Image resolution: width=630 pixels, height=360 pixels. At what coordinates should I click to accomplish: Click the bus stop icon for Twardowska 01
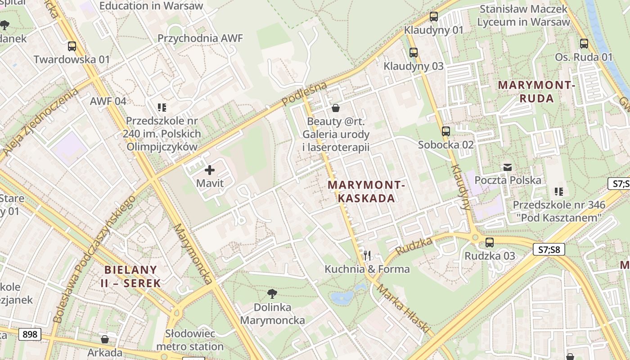72,46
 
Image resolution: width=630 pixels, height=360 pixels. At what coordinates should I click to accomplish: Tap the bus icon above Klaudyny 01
434,17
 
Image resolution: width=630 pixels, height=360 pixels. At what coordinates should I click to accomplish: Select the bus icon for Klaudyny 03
414,53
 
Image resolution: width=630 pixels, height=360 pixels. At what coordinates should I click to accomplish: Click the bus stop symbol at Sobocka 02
446,131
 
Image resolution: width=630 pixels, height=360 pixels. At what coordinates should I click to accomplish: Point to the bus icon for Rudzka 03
490,243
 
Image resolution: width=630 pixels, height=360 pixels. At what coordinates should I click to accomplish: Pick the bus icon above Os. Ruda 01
584,44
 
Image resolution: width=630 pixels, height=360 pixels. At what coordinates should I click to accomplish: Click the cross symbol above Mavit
210,170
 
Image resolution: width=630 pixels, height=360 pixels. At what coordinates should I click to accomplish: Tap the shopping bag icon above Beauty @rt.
336,108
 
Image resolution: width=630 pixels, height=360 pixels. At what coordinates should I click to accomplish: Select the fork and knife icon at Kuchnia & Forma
367,256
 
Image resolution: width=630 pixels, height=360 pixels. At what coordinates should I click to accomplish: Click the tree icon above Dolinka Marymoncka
272,294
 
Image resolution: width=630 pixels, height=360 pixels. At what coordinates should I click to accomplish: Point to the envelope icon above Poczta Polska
508,167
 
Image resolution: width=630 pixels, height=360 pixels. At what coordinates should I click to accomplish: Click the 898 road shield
30,334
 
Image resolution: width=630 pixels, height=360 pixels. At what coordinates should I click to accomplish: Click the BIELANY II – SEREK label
131,276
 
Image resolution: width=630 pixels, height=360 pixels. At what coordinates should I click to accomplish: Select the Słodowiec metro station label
190,340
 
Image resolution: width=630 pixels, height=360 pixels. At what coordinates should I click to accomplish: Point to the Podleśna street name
305,94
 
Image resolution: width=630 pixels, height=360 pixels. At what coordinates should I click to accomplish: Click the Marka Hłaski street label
404,309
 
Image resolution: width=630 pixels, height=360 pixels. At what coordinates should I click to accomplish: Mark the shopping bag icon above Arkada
105,339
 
